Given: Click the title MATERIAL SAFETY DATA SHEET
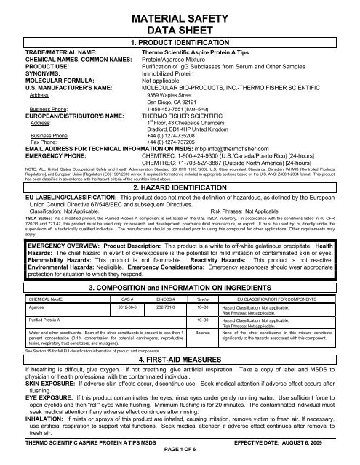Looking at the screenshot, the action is point(180,22).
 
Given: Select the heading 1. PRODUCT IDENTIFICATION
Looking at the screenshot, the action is point(180,44).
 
